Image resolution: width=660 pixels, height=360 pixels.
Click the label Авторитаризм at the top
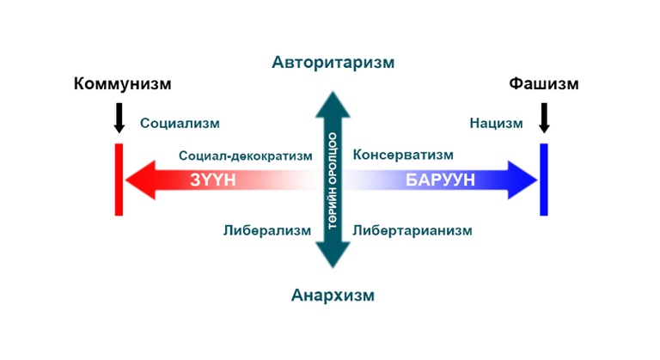pos(333,63)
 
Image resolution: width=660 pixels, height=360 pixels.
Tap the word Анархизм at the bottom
pos(333,296)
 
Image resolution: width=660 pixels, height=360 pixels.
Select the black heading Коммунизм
pos(123,84)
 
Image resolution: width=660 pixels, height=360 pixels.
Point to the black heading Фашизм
pos(544,84)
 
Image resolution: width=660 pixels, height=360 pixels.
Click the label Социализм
pos(180,124)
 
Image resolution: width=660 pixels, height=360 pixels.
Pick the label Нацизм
pos(496,124)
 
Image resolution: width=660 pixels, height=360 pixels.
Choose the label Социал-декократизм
pos(246,156)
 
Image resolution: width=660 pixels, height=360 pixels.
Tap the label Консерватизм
pos(403,155)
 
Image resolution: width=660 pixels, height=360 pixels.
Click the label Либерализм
pos(267,231)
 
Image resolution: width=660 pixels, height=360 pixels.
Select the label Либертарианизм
pos(412,231)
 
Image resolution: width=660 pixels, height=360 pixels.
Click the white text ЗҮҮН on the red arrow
pos(212,180)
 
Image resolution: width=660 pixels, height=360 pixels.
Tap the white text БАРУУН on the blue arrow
pos(440,180)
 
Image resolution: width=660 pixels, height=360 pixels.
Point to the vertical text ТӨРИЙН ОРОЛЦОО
pos(333,181)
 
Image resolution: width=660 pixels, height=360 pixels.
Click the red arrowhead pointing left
pos(141,180)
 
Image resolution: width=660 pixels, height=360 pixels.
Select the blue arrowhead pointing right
pos(522,180)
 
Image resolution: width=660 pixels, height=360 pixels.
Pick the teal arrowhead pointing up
pos(333,106)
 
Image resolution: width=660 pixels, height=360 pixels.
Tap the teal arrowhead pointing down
pos(333,254)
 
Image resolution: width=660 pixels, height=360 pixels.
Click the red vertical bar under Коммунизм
pos(119,180)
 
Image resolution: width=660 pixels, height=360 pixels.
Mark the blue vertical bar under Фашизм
pos(544,180)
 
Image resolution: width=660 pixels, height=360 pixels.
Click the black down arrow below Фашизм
pos(544,119)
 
